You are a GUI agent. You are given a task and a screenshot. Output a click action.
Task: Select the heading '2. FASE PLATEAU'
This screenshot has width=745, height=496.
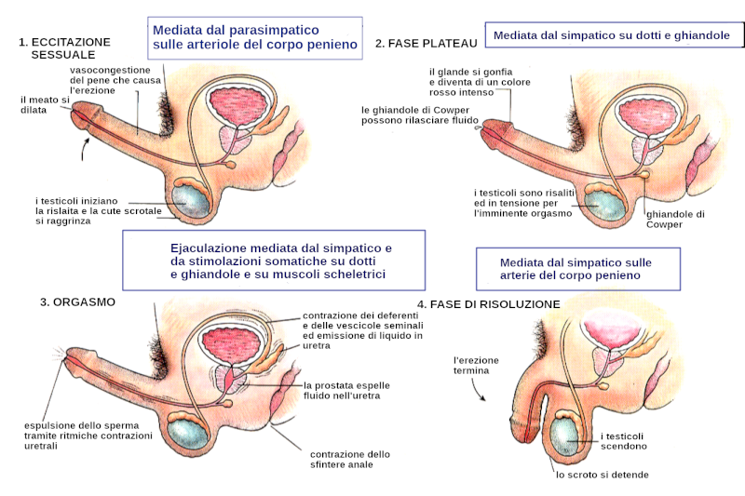pos(426,43)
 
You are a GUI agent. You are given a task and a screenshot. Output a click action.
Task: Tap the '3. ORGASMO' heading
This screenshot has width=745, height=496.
pos(73,302)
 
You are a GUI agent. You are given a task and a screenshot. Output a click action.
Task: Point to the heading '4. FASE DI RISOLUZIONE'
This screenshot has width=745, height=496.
pos(488,304)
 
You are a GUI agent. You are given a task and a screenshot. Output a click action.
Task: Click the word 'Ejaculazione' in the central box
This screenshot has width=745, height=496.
pos(209,248)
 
